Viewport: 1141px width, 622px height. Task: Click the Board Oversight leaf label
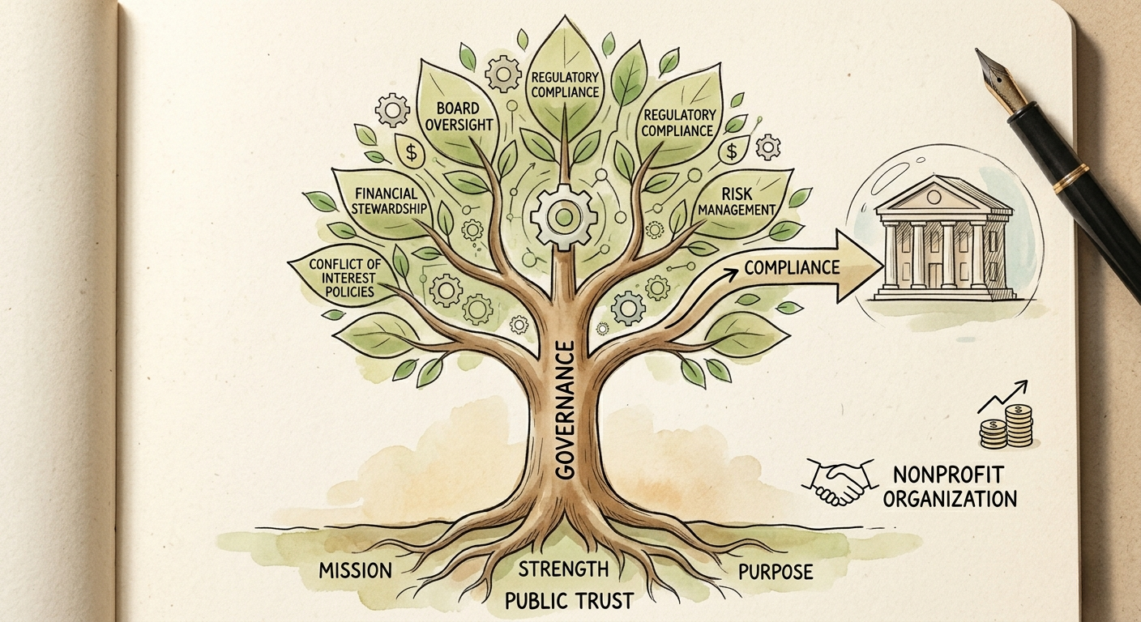[459, 117]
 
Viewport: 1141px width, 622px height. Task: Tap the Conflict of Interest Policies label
[345, 278]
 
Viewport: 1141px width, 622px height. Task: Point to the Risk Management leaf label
[737, 201]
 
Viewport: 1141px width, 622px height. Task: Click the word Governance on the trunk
[563, 410]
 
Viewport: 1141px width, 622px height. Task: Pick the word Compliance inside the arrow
[792, 267]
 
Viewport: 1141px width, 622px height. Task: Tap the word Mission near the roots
[356, 571]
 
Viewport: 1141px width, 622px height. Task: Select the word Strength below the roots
[564, 569]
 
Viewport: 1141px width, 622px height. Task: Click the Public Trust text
[569, 601]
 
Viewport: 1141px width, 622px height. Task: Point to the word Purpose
[776, 572]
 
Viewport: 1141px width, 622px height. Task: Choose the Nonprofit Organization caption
[950, 487]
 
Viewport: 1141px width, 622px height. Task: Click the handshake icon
[840, 481]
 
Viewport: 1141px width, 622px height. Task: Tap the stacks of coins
[1006, 428]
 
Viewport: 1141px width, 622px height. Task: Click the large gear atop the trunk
[563, 217]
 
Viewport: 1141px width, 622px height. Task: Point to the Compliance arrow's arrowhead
[861, 266]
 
